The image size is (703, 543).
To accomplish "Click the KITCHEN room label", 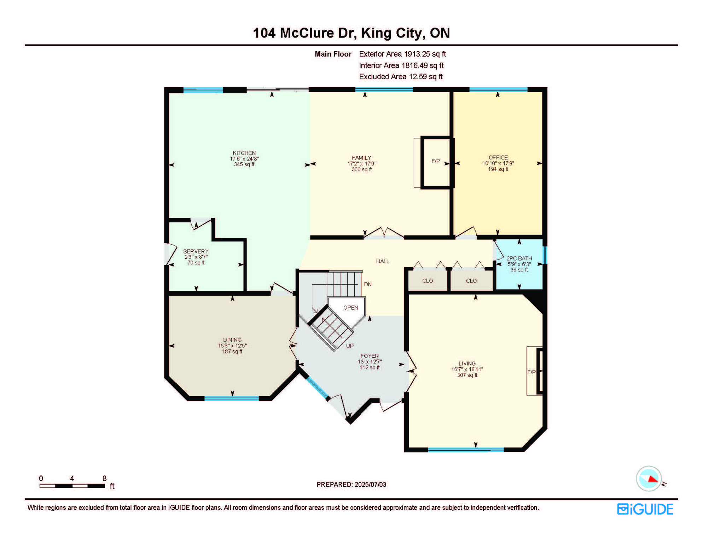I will (244, 153).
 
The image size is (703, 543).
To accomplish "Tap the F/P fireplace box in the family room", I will (436, 162).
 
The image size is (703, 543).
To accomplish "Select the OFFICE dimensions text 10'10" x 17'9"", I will (498, 163).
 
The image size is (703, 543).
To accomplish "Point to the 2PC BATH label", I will (519, 258).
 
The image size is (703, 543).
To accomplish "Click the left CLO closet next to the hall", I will (428, 281).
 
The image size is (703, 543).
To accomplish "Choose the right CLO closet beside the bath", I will (471, 281).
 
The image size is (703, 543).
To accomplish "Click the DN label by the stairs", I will (368, 284).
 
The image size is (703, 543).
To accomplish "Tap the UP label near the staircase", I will (350, 346).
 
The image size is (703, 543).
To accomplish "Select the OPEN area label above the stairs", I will (350, 308).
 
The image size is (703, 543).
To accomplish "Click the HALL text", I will (383, 261).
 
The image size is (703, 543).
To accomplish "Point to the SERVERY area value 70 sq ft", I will (196, 263).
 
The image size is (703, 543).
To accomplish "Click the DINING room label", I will (232, 340).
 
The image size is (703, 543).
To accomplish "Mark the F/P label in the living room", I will (531, 372).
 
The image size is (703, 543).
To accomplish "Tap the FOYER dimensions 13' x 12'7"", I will (370, 362).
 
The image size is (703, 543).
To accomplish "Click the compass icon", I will (649, 479).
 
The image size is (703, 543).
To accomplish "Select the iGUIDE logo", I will (645, 509).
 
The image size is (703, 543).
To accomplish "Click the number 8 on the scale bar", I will (104, 478).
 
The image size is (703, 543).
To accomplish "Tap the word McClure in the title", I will (307, 33).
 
